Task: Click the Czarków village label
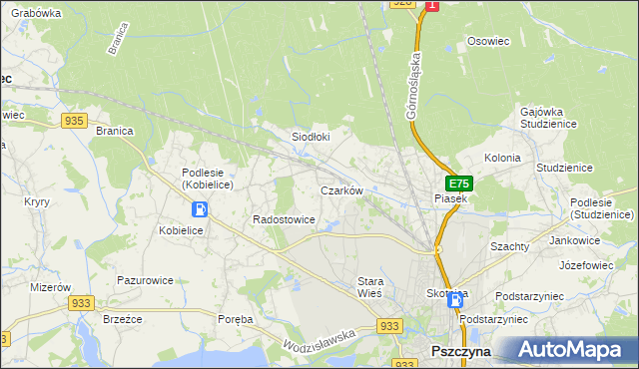(x=340, y=189)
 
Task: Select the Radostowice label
(x=285, y=219)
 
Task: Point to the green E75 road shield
(x=458, y=184)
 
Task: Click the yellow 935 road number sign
(x=73, y=121)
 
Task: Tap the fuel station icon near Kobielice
(x=200, y=209)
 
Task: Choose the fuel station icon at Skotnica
(x=455, y=299)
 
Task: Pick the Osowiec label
(x=489, y=41)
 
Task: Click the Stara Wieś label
(x=370, y=288)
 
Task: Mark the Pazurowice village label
(x=146, y=280)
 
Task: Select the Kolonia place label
(x=502, y=158)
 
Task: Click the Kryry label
(x=37, y=201)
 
